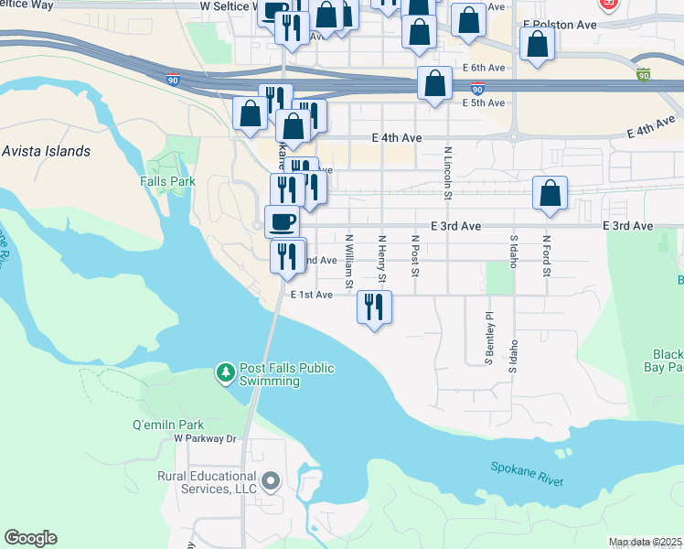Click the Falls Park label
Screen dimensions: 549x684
coord(168,181)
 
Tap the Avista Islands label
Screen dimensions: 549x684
coord(47,151)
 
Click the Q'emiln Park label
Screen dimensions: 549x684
coord(169,425)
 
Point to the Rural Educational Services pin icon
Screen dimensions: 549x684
coord(270,479)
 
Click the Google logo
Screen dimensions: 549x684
coord(30,538)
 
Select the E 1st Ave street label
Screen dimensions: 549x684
coord(311,295)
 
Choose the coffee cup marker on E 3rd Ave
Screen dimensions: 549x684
coord(282,221)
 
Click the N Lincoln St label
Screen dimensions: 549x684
coord(448,172)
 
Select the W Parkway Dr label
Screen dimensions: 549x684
coord(205,439)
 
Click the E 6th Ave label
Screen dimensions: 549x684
coord(484,68)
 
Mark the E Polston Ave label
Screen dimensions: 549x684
coord(561,25)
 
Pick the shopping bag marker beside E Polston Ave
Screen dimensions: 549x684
coord(536,43)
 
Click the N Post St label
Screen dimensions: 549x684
coord(414,255)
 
